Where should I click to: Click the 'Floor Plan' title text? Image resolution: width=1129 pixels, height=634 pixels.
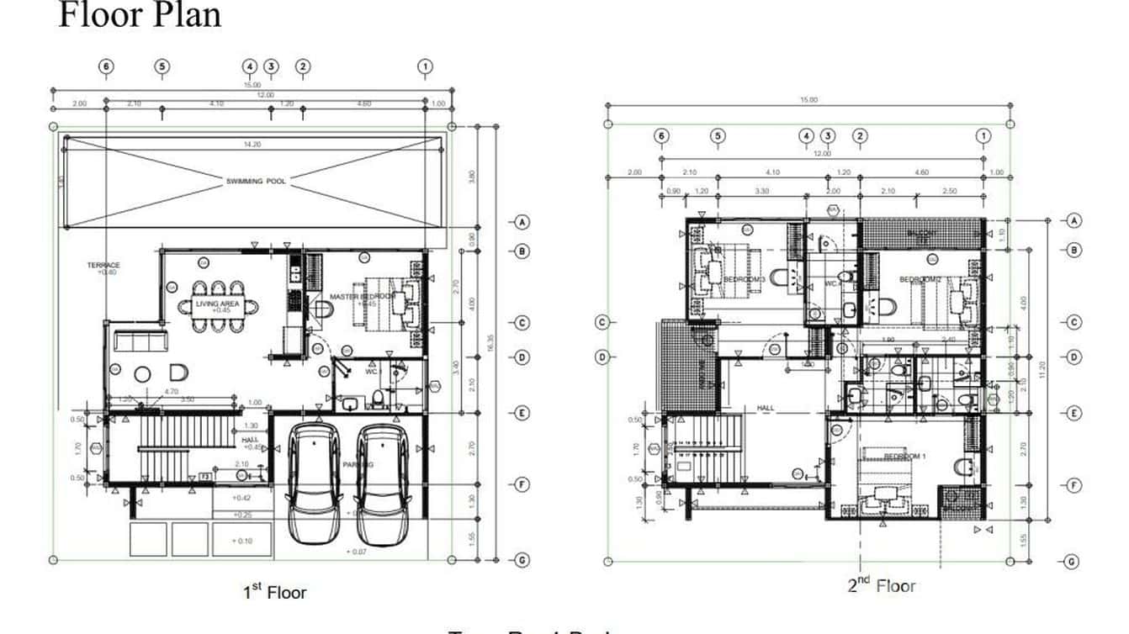tap(139, 15)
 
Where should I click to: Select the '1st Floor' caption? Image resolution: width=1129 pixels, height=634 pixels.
tap(274, 592)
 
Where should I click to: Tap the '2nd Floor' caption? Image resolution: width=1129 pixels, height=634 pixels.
tap(881, 585)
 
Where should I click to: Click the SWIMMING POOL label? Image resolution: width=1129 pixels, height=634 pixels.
tap(255, 181)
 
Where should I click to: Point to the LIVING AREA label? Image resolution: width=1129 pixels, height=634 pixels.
tap(217, 304)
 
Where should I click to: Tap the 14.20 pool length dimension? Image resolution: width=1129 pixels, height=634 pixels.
tap(252, 145)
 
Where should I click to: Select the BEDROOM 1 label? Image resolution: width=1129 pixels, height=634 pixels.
tap(904, 457)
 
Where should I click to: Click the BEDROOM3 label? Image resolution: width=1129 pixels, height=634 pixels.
tap(744, 279)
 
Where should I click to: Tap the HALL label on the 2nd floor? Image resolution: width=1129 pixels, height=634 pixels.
tap(765, 408)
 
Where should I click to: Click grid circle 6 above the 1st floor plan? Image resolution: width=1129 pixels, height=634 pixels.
tap(106, 66)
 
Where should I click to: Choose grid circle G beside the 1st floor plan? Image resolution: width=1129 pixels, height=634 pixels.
tap(522, 560)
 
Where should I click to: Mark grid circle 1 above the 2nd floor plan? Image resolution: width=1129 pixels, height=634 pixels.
tap(983, 136)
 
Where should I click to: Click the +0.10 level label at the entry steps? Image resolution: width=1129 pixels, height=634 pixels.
tap(244, 541)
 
